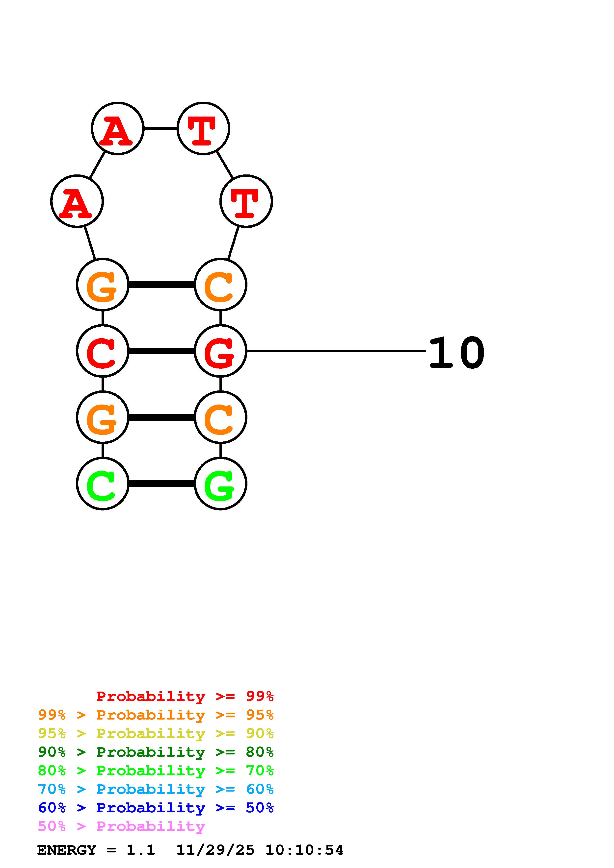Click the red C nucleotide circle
pos(103,351)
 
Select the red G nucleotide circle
pos(220,351)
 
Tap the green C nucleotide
pos(103,483)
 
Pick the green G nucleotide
pos(220,483)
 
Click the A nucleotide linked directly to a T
pos(118,128)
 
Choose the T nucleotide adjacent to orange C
pos(246,201)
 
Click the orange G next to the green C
pos(103,417)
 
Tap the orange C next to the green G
pos(220,417)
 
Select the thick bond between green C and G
pos(161,483)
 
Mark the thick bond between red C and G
pos(161,351)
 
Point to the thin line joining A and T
pos(160,128)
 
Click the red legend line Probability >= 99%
pos(185,696)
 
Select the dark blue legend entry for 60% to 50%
pos(156,808)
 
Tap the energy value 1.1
pos(141,850)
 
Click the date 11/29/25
pos(215,850)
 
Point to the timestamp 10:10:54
pos(304,850)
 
